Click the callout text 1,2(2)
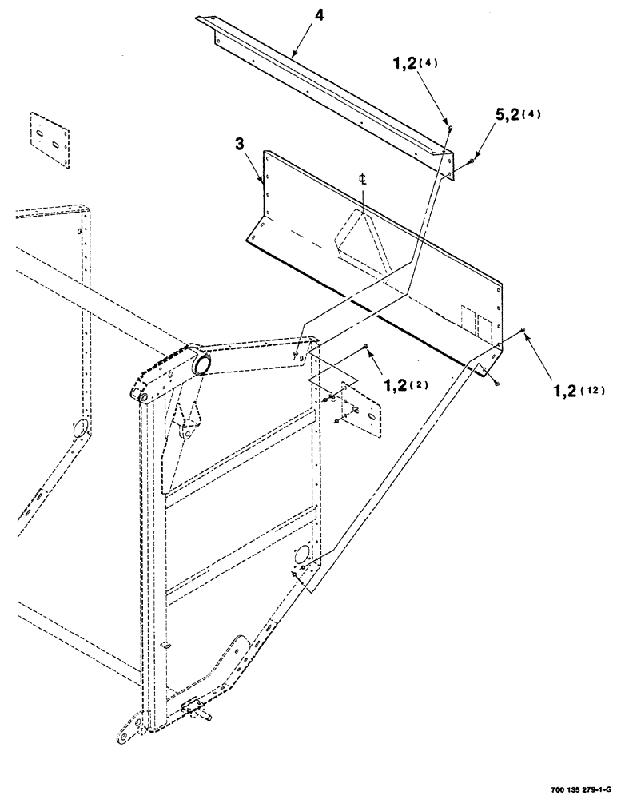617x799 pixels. click(x=404, y=385)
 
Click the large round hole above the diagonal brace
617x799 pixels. click(x=303, y=554)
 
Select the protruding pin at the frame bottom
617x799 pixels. click(x=209, y=718)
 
